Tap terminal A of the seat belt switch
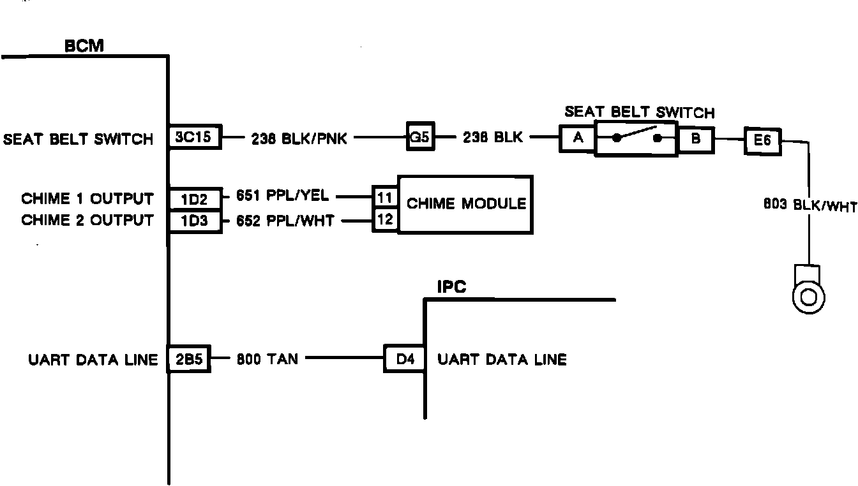(577, 138)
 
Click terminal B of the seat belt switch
(696, 138)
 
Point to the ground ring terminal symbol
(808, 295)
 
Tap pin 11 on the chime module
(385, 197)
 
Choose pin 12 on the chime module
(385, 219)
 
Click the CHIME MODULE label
(467, 204)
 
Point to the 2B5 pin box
(189, 359)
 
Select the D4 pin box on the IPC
(405, 359)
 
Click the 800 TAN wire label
(267, 359)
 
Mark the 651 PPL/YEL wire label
(282, 196)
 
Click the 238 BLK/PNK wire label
(299, 138)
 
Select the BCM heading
(84, 47)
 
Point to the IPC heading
(451, 287)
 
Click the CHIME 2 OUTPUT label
(87, 221)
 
